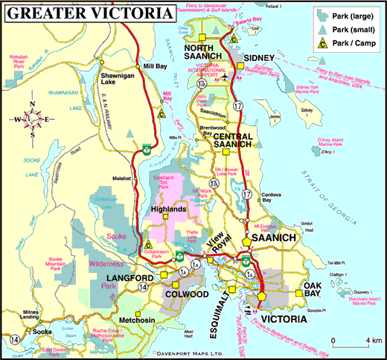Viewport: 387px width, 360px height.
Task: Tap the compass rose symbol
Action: click(32, 118)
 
